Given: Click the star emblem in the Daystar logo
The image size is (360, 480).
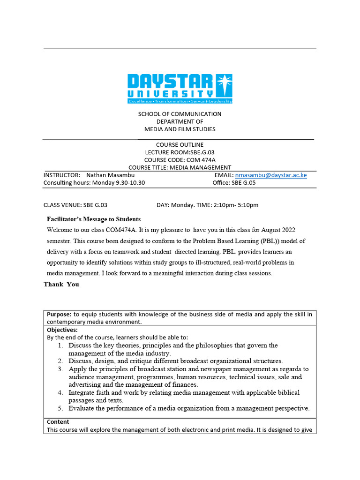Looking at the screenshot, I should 224,86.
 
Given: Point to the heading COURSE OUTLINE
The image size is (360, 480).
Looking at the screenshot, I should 180,144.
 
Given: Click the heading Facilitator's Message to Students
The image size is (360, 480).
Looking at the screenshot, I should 94,219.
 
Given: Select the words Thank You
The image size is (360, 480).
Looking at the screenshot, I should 61,284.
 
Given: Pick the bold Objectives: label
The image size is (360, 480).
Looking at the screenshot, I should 62,330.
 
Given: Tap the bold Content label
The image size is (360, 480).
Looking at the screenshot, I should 58,421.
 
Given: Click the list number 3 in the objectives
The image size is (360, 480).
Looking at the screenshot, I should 60,369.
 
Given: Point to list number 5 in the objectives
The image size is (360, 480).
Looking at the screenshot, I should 60,408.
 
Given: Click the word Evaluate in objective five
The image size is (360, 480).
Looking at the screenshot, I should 82,408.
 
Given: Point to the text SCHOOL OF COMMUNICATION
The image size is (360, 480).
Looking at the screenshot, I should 180,114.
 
